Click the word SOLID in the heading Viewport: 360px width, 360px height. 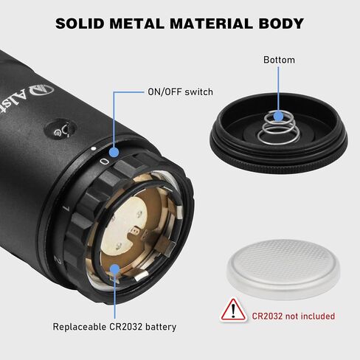80,24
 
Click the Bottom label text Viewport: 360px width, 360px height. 279,60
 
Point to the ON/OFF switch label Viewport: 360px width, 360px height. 180,92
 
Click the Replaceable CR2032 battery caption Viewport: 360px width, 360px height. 114,327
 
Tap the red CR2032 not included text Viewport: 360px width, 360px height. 294,316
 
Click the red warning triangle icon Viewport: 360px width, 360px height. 233,310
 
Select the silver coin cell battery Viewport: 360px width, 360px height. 284,269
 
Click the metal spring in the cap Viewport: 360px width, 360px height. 279,128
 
